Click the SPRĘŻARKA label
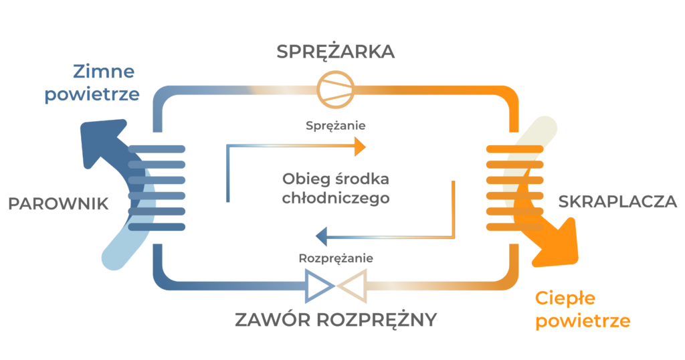pyautogui.click(x=336, y=52)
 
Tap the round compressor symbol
pyautogui.click(x=336, y=90)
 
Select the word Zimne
pyautogui.click(x=104, y=71)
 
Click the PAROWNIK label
pyautogui.click(x=58, y=203)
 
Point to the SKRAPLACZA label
pyautogui.click(x=617, y=201)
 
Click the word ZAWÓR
pyautogui.click(x=273, y=319)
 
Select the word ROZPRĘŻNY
pyautogui.click(x=377, y=319)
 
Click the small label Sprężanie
pyautogui.click(x=336, y=126)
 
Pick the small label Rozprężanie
pyautogui.click(x=336, y=258)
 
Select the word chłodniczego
pyautogui.click(x=336, y=198)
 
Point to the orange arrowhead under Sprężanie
pyautogui.click(x=359, y=147)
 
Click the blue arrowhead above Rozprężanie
pyautogui.click(x=322, y=237)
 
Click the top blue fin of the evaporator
pyautogui.click(x=157, y=149)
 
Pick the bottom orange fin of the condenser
pyautogui.click(x=514, y=227)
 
